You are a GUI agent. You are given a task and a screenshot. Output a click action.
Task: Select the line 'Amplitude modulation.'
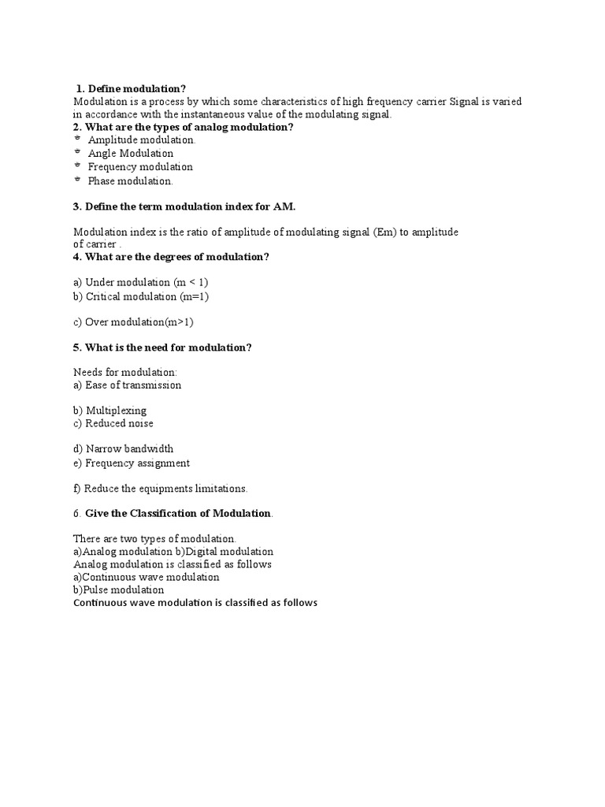pyautogui.click(x=142, y=139)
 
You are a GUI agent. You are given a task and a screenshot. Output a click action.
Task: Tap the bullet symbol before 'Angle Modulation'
pyautogui.click(x=77, y=152)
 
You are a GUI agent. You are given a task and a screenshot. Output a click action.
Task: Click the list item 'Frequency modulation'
pyautogui.click(x=140, y=166)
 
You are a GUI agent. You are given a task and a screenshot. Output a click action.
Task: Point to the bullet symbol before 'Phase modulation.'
pyautogui.click(x=77, y=180)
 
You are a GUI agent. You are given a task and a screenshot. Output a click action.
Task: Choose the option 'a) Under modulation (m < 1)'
pyautogui.click(x=141, y=281)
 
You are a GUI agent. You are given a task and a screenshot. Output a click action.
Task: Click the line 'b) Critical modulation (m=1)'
pyautogui.click(x=141, y=296)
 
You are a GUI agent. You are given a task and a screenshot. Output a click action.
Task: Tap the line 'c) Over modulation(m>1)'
pyautogui.click(x=133, y=322)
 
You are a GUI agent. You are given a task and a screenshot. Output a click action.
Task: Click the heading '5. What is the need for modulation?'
pyautogui.click(x=162, y=348)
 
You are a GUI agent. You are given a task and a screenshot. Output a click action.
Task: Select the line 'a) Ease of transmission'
pyautogui.click(x=128, y=385)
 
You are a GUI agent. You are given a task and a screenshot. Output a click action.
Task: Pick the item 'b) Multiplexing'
pyautogui.click(x=110, y=410)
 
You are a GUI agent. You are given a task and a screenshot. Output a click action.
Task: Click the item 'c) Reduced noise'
pyautogui.click(x=113, y=423)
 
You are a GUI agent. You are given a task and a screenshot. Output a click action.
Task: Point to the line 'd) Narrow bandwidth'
pyautogui.click(x=124, y=448)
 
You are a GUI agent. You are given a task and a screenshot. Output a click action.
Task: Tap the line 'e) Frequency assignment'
pyautogui.click(x=132, y=463)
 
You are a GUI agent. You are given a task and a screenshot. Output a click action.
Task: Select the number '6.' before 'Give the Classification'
pyautogui.click(x=77, y=513)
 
